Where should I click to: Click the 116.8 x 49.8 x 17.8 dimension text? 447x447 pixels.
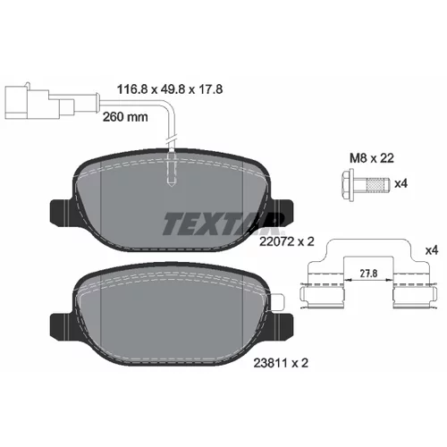click(170, 89)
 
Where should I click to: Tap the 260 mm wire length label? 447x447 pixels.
click(125, 117)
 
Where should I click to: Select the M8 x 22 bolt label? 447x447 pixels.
click(372, 158)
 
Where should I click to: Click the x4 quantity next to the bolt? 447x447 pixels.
click(401, 183)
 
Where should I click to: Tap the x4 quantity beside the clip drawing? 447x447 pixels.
click(432, 250)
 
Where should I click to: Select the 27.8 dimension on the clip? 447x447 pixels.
click(368, 274)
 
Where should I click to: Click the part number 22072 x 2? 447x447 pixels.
click(287, 241)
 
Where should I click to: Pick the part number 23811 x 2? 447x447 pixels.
click(281, 363)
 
